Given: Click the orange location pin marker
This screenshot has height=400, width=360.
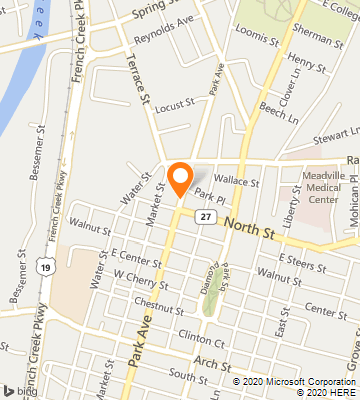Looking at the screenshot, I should point(180,177).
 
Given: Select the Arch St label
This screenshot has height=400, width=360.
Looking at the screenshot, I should point(211,361).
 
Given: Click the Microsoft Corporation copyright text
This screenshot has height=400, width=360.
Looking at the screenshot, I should point(293,381).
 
